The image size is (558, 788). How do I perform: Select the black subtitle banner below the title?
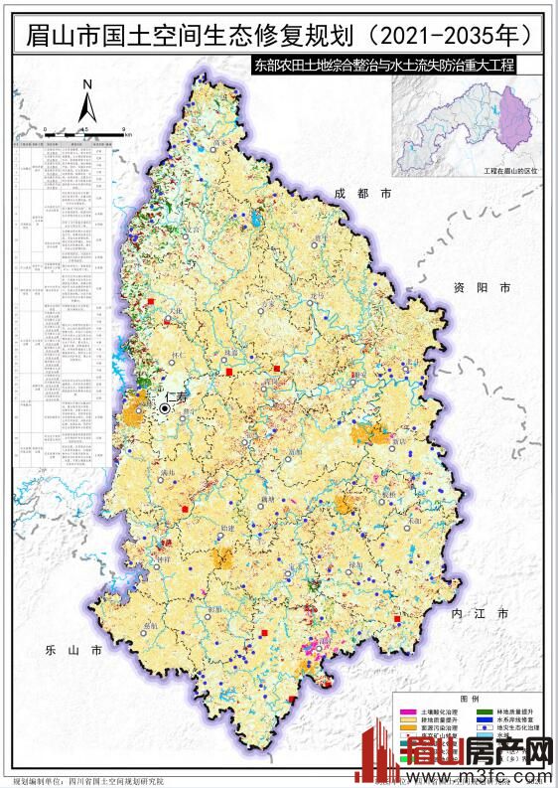pos(384,68)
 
